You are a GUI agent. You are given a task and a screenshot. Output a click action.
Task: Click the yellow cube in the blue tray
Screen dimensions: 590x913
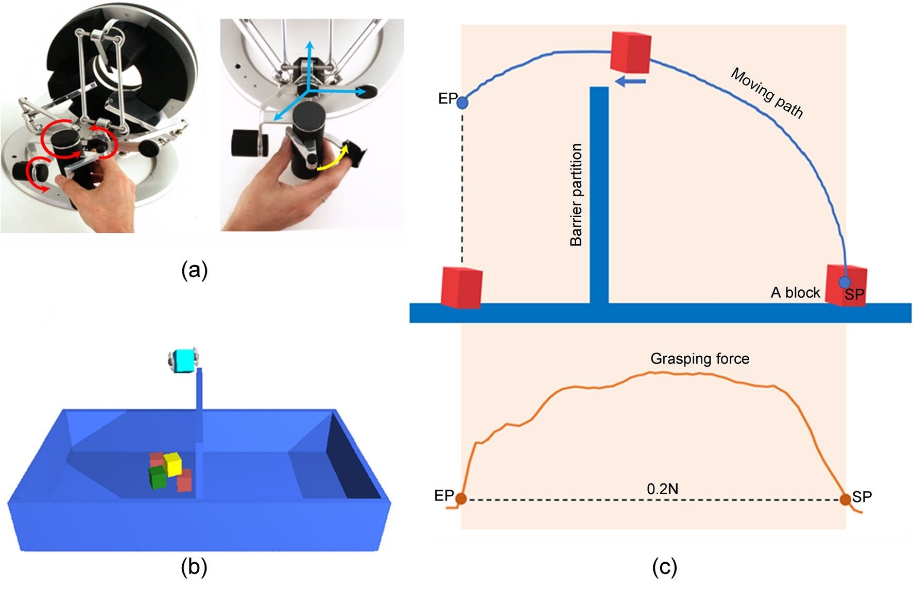pos(173,464)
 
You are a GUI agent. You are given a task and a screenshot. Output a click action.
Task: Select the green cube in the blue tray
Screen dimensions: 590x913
pos(157,478)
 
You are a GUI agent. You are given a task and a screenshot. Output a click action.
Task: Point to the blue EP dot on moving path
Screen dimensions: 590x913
pos(463,102)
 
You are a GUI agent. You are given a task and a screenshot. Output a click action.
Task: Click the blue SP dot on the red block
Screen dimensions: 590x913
pos(845,282)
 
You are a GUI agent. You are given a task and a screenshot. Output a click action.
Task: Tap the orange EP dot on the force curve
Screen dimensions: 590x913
pos(461,498)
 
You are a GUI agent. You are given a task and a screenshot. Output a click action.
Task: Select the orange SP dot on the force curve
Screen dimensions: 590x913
pos(845,499)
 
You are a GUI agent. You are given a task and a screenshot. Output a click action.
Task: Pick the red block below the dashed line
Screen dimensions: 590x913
pos(461,287)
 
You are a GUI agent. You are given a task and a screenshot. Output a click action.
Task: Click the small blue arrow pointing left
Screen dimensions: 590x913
pos(630,81)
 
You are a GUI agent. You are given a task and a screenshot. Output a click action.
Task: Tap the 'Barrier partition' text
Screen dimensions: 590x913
pos(576,195)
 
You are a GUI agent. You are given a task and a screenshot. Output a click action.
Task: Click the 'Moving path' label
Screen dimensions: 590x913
pos(767,93)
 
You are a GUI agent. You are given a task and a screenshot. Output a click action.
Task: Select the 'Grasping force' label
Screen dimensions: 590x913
pos(699,359)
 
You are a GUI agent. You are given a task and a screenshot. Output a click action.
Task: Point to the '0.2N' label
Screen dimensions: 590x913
pos(662,489)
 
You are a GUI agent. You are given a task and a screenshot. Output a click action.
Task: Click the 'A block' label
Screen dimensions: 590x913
pos(795,292)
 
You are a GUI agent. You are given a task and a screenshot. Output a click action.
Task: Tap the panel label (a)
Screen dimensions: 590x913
pos(194,269)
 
